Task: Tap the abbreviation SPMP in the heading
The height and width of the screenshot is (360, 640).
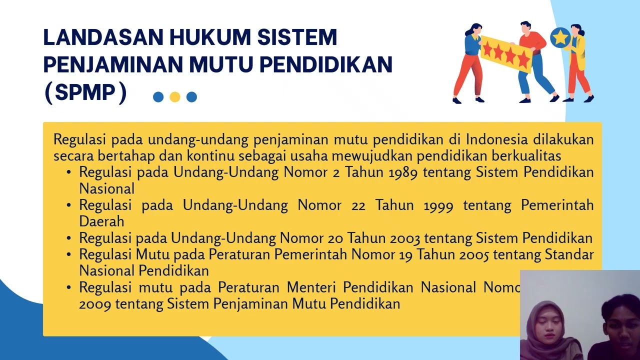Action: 85,92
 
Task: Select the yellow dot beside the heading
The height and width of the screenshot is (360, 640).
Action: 174,97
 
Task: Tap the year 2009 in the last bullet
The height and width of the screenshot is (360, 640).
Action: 95,303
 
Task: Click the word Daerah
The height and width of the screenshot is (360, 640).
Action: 101,221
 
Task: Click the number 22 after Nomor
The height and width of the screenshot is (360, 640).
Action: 358,205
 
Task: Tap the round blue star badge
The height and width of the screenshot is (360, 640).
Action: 560,37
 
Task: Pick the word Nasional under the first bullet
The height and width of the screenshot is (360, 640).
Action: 106,188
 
